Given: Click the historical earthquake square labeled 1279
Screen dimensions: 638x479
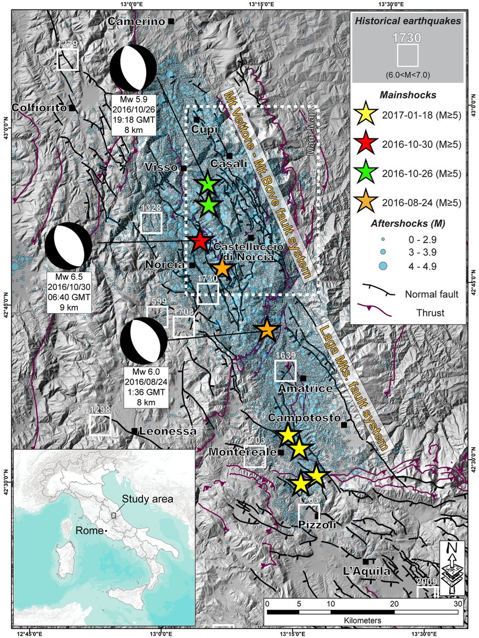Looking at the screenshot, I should [x=68, y=60].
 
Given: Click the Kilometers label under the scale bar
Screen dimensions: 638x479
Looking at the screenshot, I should [x=362, y=620].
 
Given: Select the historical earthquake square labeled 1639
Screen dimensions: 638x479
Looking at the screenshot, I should [x=285, y=370].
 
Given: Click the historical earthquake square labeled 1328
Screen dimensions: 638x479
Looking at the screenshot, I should [x=152, y=223].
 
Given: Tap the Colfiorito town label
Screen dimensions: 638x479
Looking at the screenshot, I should [x=41, y=108].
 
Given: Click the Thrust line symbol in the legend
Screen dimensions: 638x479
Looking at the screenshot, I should [x=379, y=313].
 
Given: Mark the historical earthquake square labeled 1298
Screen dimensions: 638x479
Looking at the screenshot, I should [x=100, y=425].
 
